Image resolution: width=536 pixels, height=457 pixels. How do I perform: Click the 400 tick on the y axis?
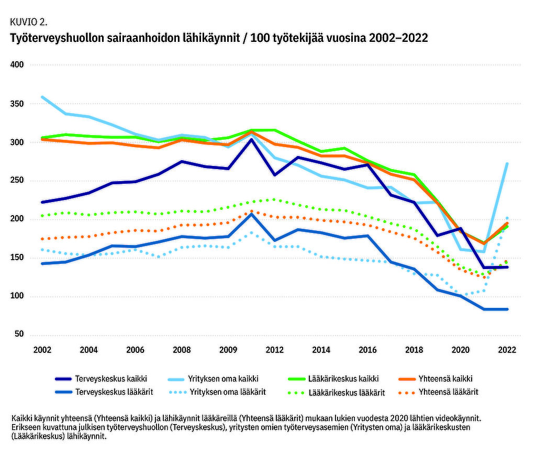[17, 65]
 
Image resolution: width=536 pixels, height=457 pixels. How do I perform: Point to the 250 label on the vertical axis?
[17, 181]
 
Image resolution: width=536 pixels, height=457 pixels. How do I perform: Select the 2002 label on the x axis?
[42, 350]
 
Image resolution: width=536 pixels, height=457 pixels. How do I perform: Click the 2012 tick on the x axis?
[275, 350]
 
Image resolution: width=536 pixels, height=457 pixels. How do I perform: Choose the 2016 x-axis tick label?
[368, 350]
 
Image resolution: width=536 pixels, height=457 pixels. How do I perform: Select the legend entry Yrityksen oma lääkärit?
[228, 392]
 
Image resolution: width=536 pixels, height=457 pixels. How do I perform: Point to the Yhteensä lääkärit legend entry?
[449, 392]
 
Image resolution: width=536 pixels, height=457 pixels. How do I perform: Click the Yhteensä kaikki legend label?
[446, 378]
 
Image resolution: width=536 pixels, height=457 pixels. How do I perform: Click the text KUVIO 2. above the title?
[29, 22]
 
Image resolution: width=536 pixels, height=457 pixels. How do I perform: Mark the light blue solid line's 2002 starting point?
[42, 97]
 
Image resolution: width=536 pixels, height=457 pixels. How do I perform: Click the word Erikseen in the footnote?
[25, 427]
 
